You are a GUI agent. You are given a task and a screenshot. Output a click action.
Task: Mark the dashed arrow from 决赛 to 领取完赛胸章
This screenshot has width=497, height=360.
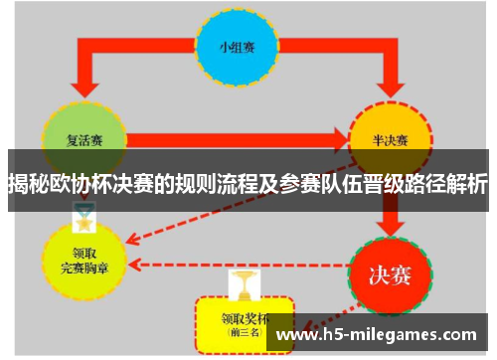pyautogui.click(x=239, y=266)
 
